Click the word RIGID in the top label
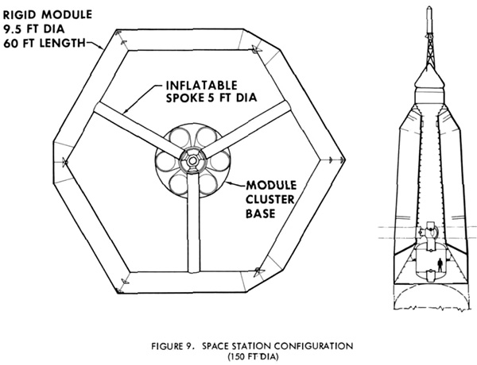click(20, 15)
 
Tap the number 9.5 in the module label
click(13, 29)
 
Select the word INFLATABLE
click(201, 86)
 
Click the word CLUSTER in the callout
click(270, 199)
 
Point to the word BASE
click(261, 213)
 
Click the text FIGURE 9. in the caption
click(173, 346)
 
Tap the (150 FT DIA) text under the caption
click(254, 356)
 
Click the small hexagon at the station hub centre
click(192, 160)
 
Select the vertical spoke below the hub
click(193, 223)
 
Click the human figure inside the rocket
click(440, 265)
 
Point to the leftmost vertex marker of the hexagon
click(64, 162)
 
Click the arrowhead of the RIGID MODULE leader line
click(102, 48)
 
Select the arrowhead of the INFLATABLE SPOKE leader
click(125, 111)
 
